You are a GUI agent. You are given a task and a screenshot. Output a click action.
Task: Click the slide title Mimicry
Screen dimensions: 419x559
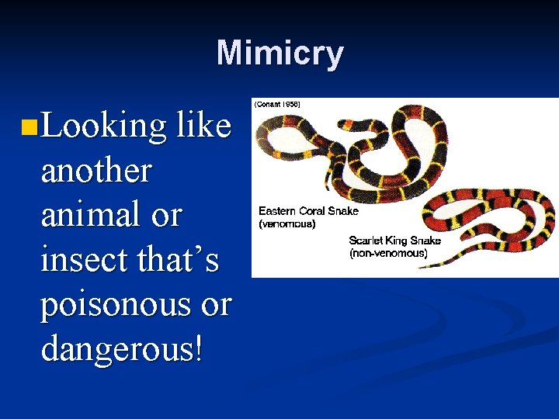pyautogui.click(x=279, y=54)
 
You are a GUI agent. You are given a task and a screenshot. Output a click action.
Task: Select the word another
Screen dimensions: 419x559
pyautogui.click(x=95, y=170)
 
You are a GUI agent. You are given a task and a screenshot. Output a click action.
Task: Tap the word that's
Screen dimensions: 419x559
pyautogui.click(x=179, y=259)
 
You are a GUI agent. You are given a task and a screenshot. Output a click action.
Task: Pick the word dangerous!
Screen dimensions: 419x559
pyautogui.click(x=122, y=348)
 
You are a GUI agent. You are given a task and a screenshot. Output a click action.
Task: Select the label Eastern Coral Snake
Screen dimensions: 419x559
pyautogui.click(x=308, y=211)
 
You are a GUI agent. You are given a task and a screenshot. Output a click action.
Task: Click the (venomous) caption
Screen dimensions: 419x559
pyautogui.click(x=287, y=223)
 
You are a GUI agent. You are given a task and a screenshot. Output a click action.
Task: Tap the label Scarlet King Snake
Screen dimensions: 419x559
pyautogui.click(x=394, y=241)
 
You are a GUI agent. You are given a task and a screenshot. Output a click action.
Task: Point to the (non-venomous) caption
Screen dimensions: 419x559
pyautogui.click(x=388, y=253)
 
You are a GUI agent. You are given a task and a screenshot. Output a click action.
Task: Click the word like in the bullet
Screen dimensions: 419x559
pyautogui.click(x=203, y=126)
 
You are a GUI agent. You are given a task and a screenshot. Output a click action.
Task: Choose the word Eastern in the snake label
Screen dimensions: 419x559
pyautogui.click(x=278, y=211)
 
